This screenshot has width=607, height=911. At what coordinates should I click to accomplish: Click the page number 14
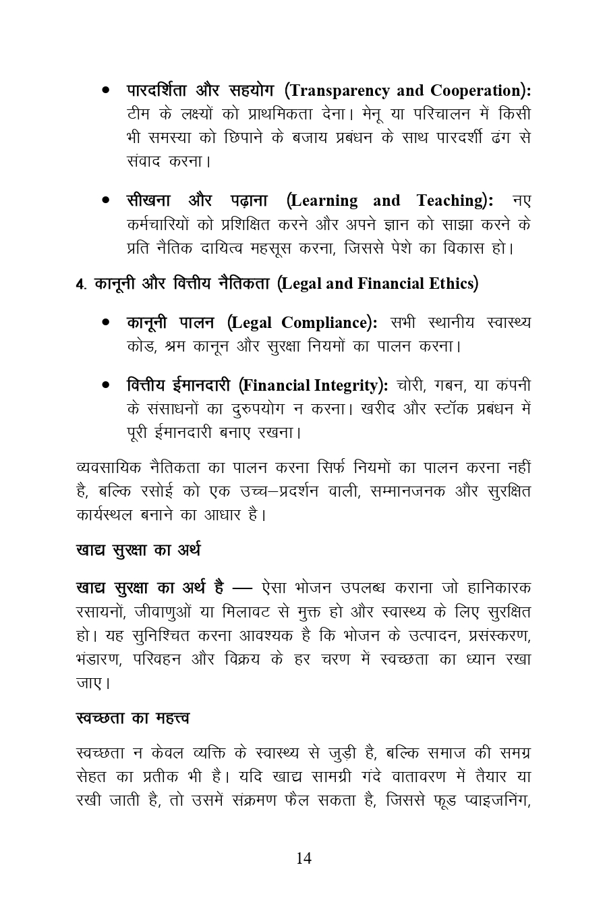tap(303, 858)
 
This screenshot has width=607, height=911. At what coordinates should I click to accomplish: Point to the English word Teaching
tap(451, 201)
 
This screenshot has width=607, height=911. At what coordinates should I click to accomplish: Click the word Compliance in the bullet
tap(326, 323)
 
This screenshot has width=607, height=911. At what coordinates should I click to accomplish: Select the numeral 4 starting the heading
tap(80, 284)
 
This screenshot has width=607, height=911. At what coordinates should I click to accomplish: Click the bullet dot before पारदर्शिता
tap(107, 90)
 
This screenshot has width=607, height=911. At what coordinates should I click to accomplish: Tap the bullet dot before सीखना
tap(107, 200)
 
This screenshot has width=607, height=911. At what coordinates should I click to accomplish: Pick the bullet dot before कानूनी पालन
tap(107, 323)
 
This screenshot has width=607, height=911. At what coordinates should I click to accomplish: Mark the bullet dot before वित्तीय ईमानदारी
tap(107, 385)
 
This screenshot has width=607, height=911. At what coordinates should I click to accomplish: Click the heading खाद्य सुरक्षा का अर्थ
tap(138, 550)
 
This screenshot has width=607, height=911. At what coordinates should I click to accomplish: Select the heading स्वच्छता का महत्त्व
tap(133, 718)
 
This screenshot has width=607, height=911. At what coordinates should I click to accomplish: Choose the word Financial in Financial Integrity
tap(277, 386)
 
